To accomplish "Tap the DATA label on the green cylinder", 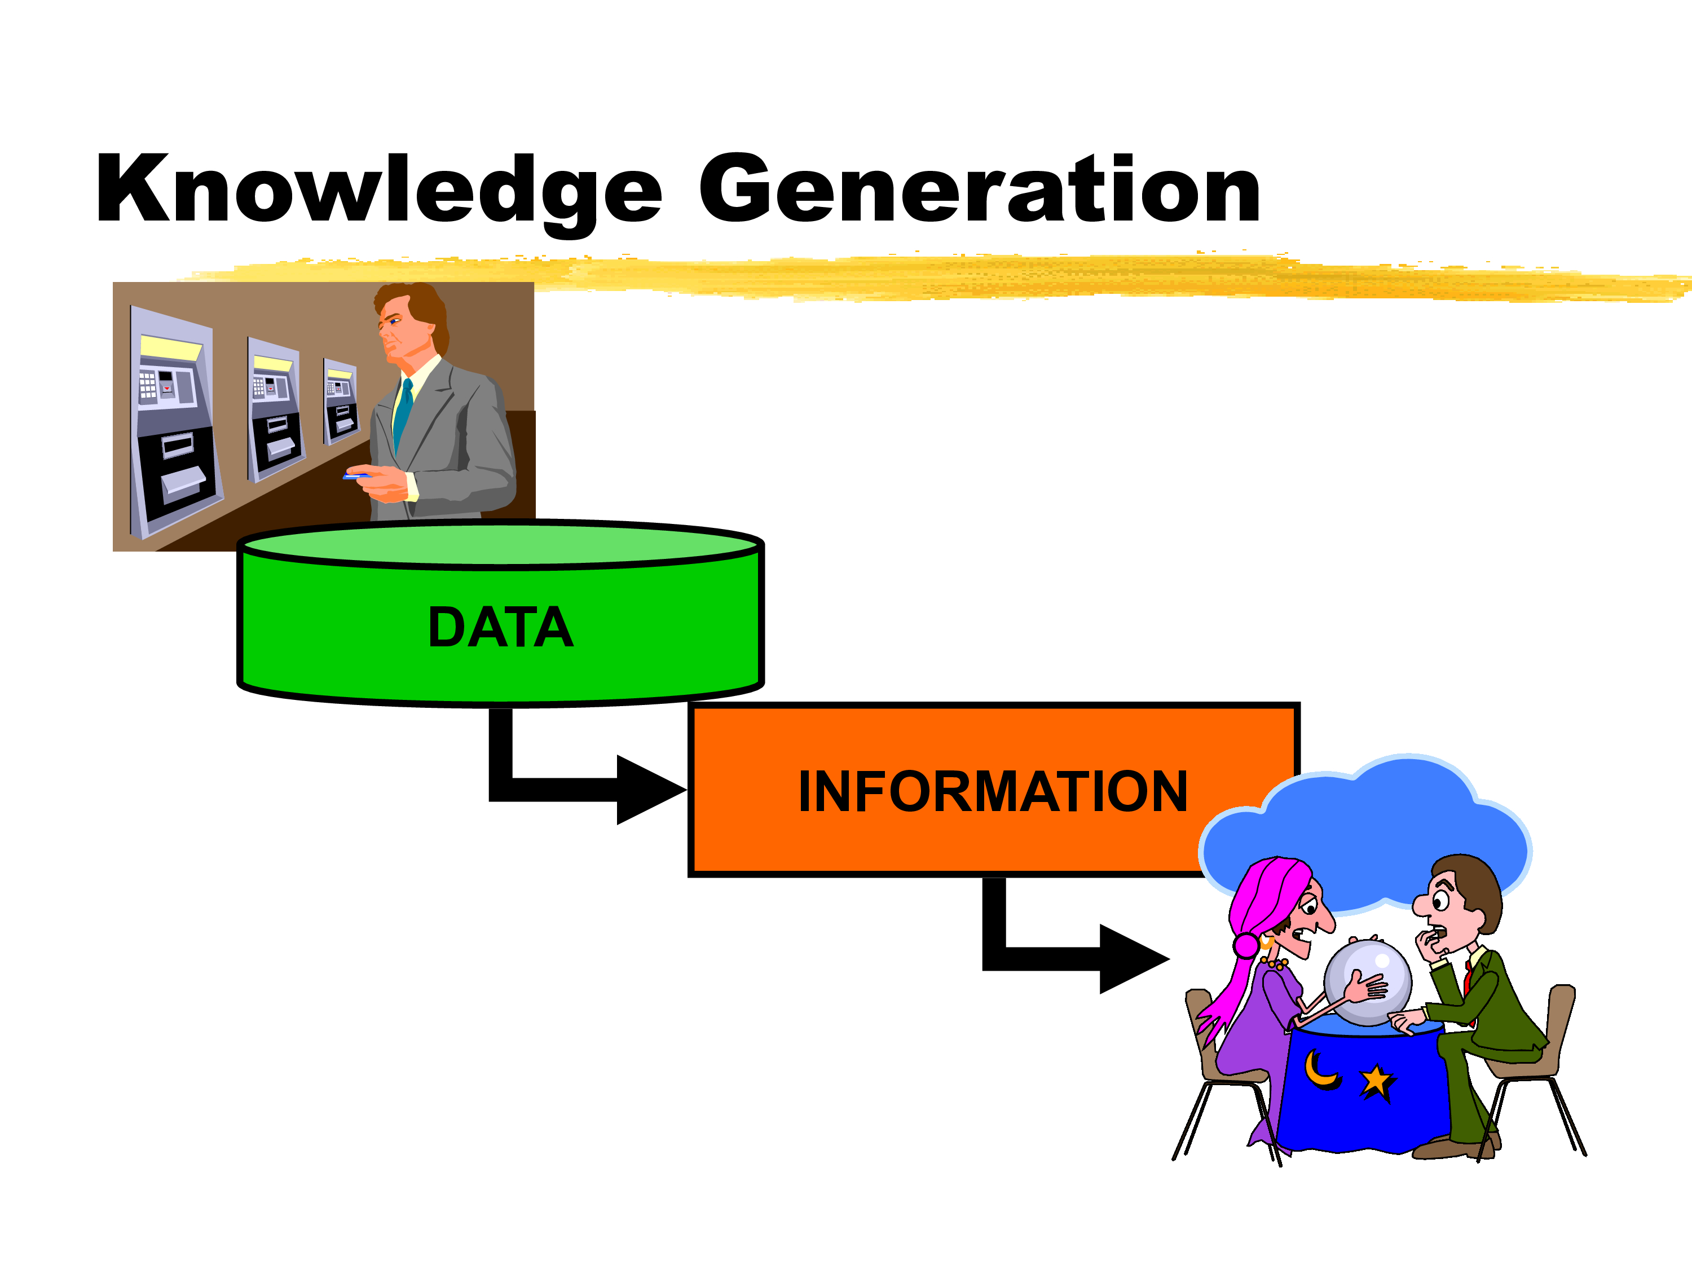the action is point(500,627).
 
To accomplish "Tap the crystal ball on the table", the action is point(1368,984).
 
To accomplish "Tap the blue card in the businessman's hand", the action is point(356,477).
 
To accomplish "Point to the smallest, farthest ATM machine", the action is point(341,401).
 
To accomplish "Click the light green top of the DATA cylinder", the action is point(501,545).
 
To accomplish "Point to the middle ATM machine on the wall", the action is point(275,409).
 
